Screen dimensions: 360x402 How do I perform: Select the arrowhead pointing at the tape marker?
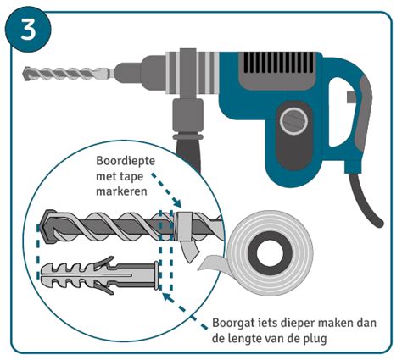[178, 206]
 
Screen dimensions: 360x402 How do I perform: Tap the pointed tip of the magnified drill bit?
[42, 227]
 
